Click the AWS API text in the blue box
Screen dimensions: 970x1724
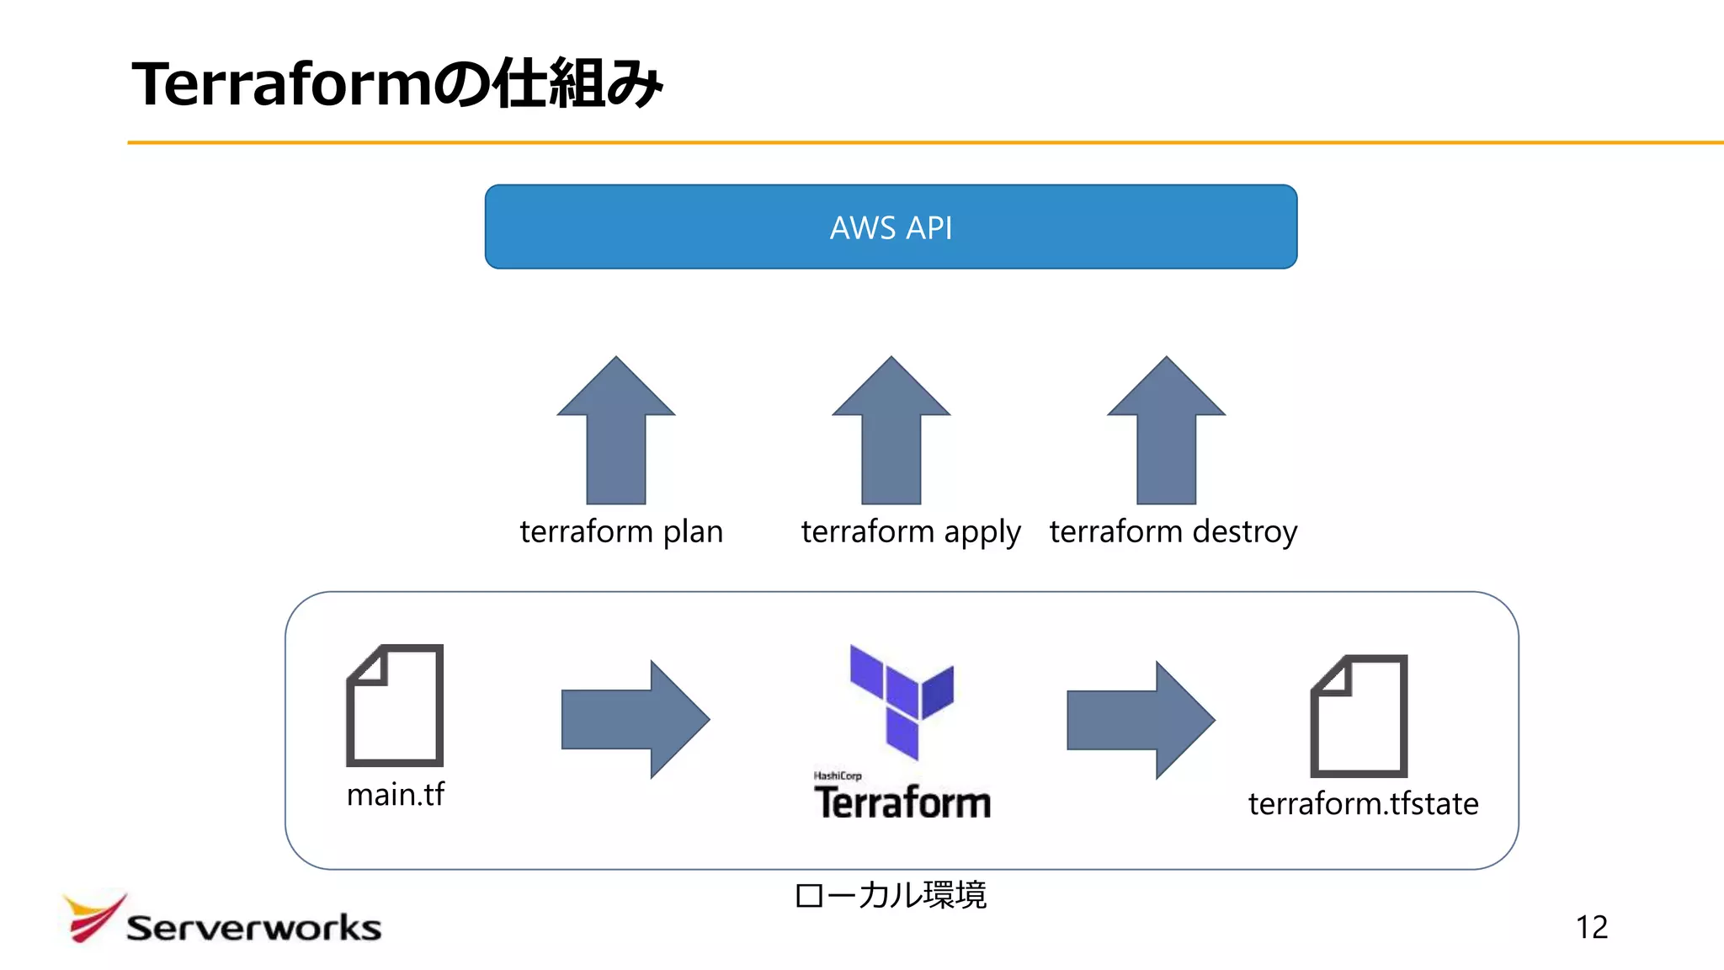point(891,228)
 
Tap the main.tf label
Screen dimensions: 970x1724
point(395,795)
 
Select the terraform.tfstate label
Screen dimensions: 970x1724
point(1363,804)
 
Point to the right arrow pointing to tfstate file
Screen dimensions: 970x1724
point(1141,720)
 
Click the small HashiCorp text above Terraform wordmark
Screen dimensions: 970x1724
point(838,775)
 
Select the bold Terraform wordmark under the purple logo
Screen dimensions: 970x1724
point(902,802)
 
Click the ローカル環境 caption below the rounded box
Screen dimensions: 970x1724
point(891,895)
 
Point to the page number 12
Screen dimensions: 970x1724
point(1591,927)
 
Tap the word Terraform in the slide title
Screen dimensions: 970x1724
point(282,85)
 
